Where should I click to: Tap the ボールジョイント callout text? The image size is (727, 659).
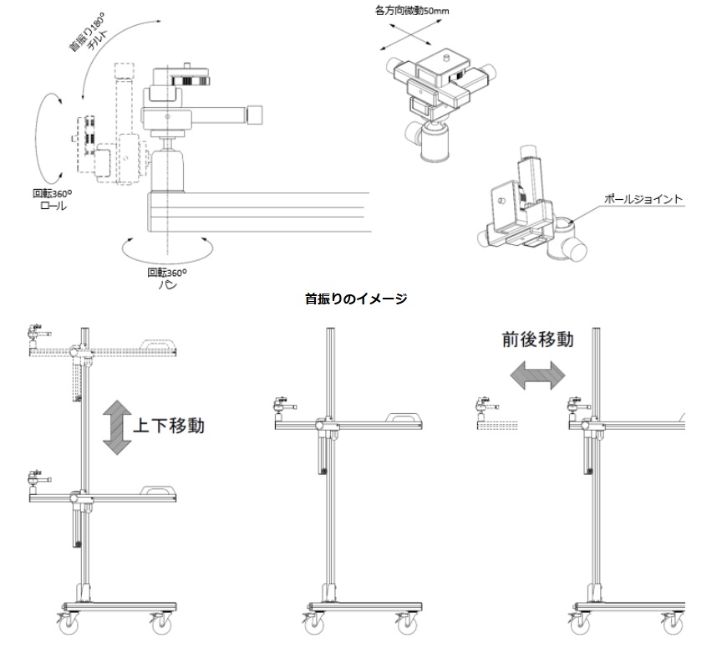click(x=643, y=200)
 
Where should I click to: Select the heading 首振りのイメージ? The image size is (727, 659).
click(x=356, y=299)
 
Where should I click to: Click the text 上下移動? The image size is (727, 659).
click(x=170, y=425)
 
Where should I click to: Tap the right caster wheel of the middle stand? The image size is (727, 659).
click(x=409, y=623)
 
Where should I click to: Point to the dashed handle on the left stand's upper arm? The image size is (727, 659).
click(x=159, y=344)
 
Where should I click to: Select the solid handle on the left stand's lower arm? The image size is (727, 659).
click(x=158, y=488)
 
